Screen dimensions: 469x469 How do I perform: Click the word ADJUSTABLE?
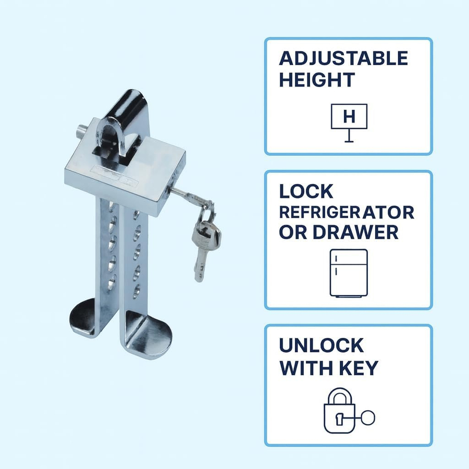343,58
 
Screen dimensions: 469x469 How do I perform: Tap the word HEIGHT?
317,80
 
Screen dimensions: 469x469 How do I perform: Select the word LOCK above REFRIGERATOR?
306,191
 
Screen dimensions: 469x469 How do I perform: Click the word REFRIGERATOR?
347,212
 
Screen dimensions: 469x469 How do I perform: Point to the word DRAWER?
355,232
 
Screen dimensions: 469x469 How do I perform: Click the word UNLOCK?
321,345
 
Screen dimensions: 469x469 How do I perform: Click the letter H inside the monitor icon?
349,116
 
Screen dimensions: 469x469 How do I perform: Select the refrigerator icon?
349,273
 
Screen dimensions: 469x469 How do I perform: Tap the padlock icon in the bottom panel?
339,411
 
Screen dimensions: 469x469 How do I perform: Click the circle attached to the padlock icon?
367,417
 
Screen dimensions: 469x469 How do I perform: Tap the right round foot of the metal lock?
149,332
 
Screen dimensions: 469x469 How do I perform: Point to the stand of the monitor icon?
349,136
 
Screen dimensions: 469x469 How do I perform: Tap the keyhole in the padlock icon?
339,418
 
